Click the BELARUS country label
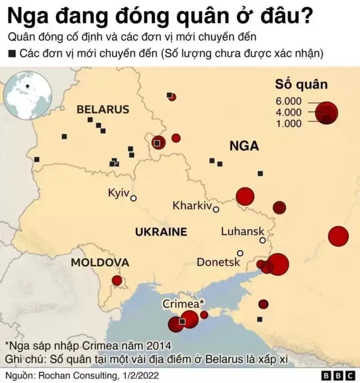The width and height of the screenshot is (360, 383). tap(103, 109)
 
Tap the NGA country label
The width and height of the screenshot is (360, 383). tap(244, 146)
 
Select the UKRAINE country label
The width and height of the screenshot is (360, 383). tap(161, 232)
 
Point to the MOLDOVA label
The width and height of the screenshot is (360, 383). tap(100, 263)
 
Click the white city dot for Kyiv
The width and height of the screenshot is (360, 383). tap(134, 198)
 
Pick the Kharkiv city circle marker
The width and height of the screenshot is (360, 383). tap(215, 209)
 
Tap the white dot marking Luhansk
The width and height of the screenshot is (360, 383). tap(262, 240)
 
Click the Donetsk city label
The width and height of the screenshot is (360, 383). tap(218, 262)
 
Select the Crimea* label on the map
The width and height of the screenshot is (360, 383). tap(184, 304)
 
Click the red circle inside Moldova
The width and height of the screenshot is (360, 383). tap(117, 280)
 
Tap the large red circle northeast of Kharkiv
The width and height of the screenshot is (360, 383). tap(245, 196)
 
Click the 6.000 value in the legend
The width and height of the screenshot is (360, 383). tap(289, 101)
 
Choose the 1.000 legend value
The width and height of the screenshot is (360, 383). tap(289, 123)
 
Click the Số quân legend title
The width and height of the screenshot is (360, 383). tap(301, 85)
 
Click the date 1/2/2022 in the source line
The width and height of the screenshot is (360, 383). tap(140, 375)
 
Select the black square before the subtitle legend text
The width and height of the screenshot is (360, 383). tap(12, 54)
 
